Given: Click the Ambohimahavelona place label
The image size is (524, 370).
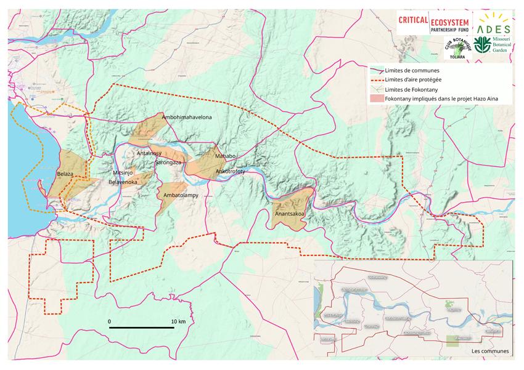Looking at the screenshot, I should click(x=187, y=116).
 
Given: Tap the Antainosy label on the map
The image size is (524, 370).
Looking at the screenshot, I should click(x=149, y=153).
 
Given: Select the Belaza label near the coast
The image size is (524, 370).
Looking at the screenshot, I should click(x=65, y=174).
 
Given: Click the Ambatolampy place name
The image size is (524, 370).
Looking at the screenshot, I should click(x=181, y=195).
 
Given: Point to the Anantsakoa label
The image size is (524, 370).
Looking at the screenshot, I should click(x=290, y=214).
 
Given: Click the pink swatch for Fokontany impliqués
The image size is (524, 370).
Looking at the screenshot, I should click(x=375, y=99).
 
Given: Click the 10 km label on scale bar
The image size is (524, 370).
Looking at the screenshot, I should click(x=178, y=321).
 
